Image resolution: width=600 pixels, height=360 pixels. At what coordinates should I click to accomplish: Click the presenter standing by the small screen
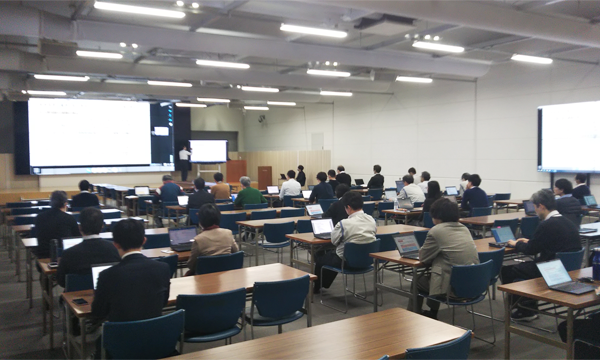click(x=184, y=161)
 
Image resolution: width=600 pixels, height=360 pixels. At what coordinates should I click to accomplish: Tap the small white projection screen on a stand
click(x=209, y=151)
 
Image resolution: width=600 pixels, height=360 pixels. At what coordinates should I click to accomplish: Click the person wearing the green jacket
click(x=248, y=192)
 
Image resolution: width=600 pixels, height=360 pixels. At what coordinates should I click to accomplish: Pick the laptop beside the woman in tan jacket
click(x=183, y=237)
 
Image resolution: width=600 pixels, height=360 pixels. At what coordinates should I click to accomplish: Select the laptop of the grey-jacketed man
click(x=322, y=227)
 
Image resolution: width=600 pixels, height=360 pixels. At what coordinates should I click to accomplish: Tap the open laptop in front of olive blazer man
click(x=408, y=244)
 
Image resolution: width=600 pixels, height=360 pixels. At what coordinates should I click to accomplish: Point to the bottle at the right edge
click(x=596, y=263)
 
